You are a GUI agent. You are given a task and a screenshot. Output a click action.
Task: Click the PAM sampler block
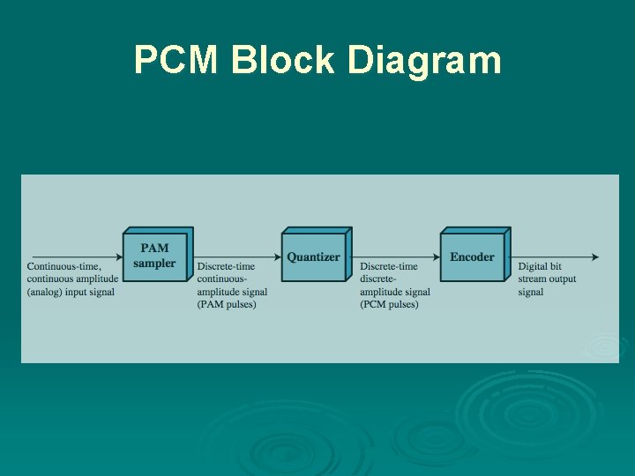point(155,256)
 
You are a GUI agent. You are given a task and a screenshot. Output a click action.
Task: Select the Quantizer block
point(314,257)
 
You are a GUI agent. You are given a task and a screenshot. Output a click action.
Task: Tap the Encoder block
point(473,257)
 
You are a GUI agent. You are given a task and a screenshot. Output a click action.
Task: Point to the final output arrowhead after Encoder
point(595,257)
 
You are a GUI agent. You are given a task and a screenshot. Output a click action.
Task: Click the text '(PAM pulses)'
point(227,305)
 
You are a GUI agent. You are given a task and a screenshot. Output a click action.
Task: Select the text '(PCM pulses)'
point(389,305)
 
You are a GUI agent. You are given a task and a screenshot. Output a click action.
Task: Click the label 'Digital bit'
point(540,266)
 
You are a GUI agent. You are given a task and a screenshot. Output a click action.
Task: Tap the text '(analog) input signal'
point(71,292)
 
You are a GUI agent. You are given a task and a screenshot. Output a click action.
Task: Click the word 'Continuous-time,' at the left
point(64,266)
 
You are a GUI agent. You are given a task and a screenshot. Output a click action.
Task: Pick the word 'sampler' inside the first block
point(154,264)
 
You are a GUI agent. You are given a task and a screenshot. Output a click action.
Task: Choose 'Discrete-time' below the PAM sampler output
point(226,266)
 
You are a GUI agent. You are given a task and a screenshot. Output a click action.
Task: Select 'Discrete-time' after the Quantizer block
point(389,266)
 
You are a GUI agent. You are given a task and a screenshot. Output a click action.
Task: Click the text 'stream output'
point(547,279)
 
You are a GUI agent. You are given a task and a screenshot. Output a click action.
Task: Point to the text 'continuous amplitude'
point(72,279)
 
